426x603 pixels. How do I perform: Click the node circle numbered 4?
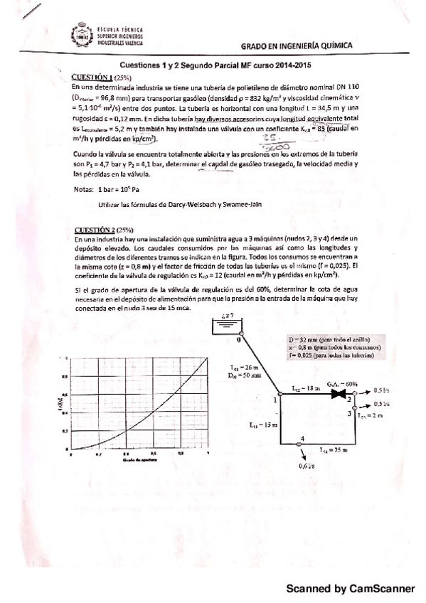[304, 443]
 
